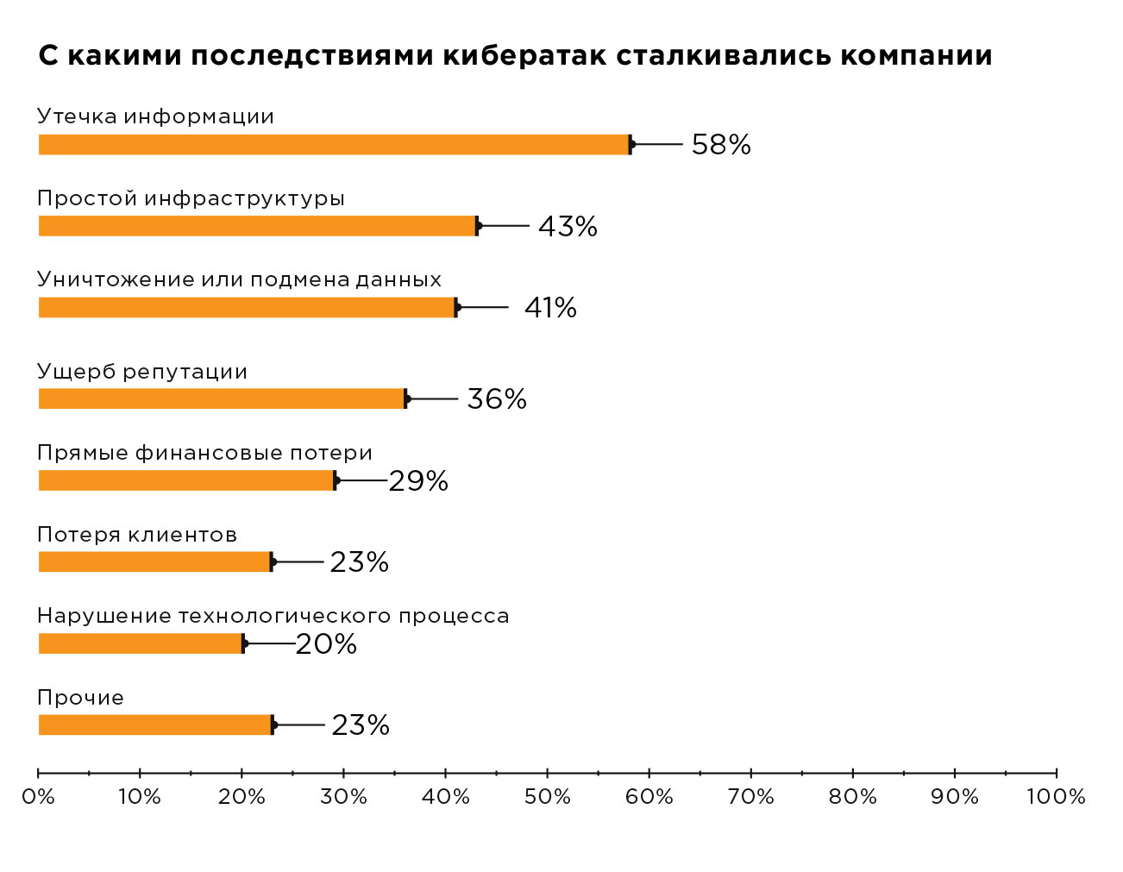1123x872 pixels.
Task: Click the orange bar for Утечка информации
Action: [x=334, y=145]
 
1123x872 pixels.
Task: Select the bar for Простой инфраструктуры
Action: [x=257, y=226]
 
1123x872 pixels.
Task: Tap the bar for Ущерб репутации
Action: [x=222, y=398]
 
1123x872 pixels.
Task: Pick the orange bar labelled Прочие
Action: [x=155, y=725]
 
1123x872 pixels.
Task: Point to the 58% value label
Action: [x=721, y=145]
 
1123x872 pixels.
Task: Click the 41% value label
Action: [x=550, y=308]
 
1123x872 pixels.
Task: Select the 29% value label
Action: [x=418, y=481]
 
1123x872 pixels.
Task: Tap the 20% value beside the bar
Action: [x=326, y=644]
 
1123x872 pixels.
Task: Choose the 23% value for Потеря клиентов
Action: [x=359, y=562]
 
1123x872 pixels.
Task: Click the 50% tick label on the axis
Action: [x=548, y=797]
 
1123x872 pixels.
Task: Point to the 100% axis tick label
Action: [x=1056, y=797]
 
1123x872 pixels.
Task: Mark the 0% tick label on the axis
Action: [x=38, y=797]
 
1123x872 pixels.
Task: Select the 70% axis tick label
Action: [x=751, y=797]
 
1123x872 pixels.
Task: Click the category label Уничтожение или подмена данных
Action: [x=239, y=280]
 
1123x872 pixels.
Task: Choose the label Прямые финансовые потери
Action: [x=204, y=454]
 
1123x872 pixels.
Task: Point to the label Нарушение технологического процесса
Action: [x=273, y=617]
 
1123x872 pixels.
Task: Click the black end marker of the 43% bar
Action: [x=478, y=226]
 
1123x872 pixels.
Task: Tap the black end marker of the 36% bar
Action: [x=406, y=398]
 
